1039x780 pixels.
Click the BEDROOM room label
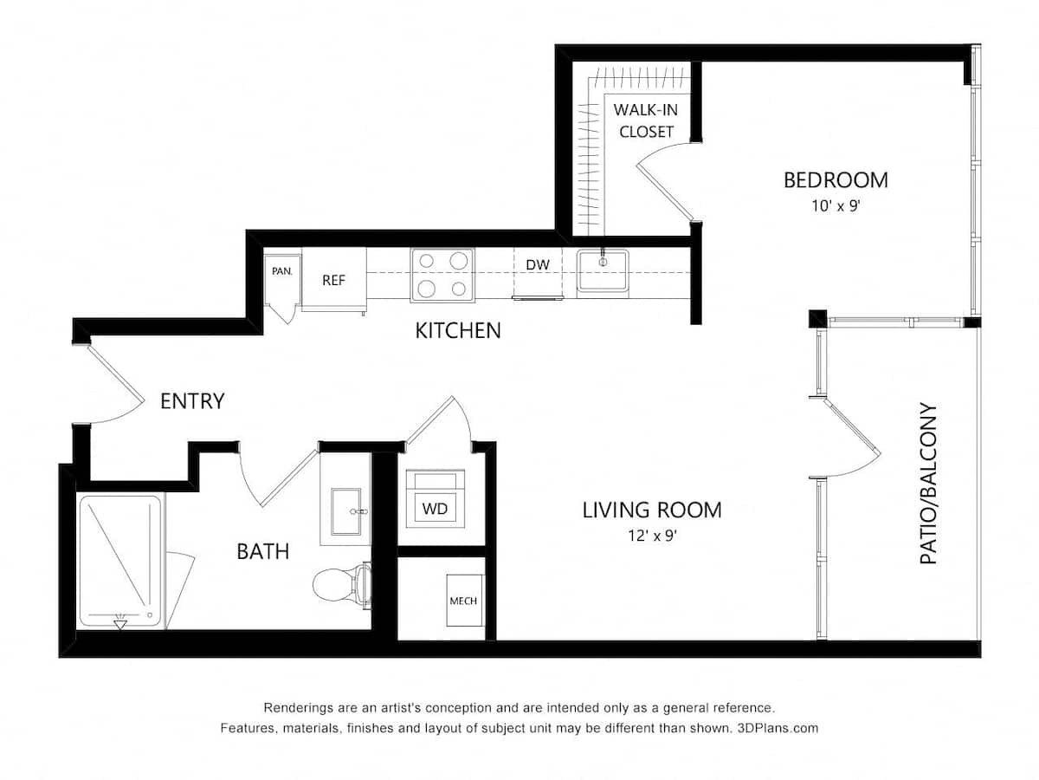(x=836, y=180)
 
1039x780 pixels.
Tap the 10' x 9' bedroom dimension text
(x=836, y=207)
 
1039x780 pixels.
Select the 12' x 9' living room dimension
(x=651, y=536)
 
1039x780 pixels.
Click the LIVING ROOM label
(x=651, y=510)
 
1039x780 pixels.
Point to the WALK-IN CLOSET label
(x=645, y=120)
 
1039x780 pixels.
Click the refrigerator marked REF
(x=333, y=279)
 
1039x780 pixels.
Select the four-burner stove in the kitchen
(x=442, y=275)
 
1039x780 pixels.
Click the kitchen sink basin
(x=603, y=270)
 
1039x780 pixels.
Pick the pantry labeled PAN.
(x=282, y=271)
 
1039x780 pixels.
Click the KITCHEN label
(x=457, y=330)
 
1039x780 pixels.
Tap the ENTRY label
(x=192, y=401)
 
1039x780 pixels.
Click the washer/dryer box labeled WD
(x=436, y=508)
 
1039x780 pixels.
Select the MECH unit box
(x=462, y=600)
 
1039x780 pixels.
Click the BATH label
(x=262, y=551)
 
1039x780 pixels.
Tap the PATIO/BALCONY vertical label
(x=928, y=484)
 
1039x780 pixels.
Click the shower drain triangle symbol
(x=120, y=623)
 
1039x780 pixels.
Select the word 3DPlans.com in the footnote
(x=776, y=728)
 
